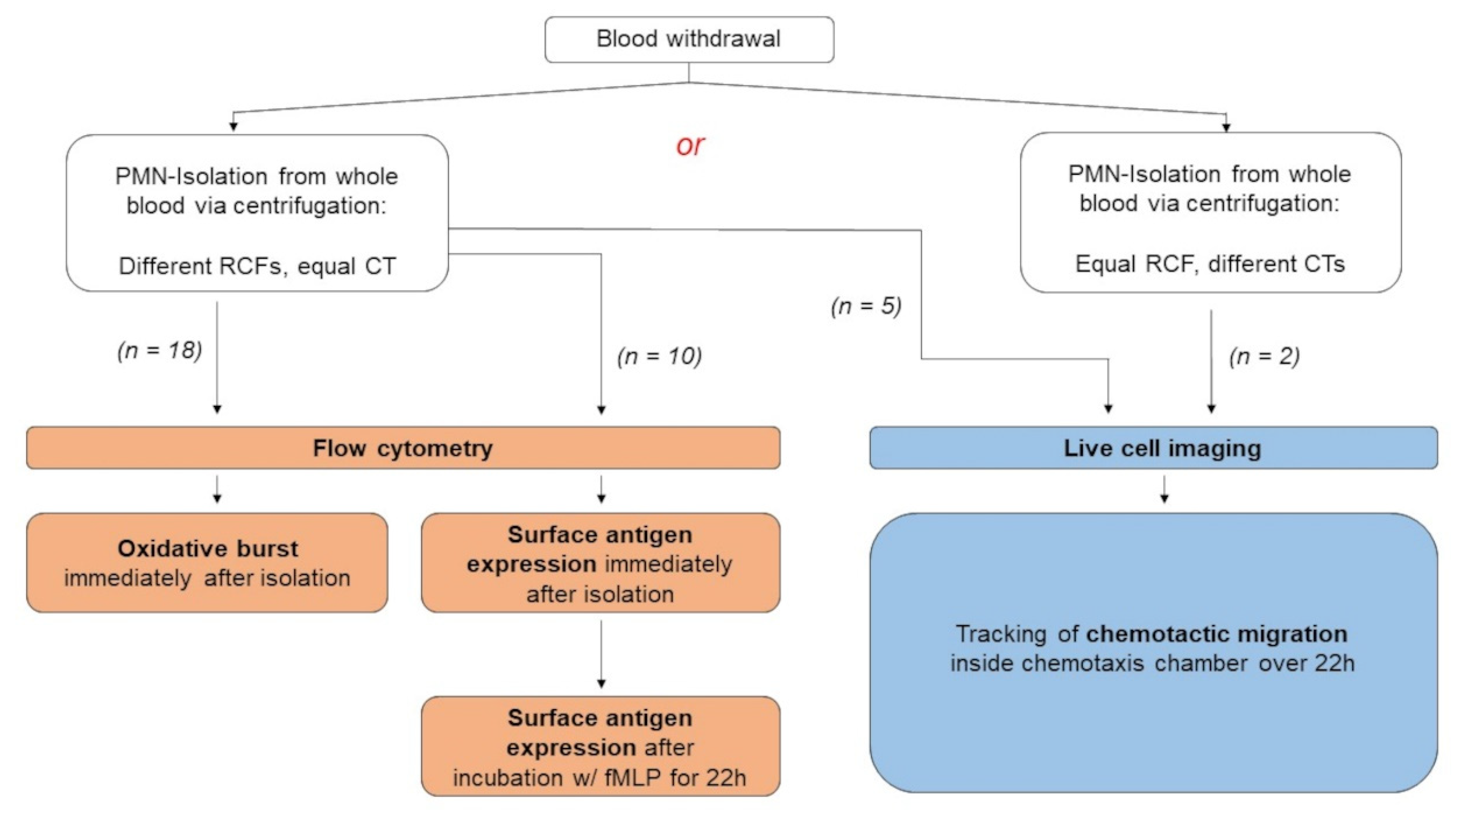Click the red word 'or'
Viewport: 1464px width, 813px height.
[x=690, y=146]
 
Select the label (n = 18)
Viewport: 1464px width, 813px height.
[x=160, y=350]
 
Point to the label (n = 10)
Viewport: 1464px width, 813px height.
[x=659, y=356]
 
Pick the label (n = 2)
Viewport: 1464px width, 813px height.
[x=1264, y=356]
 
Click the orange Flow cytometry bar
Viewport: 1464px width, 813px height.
[x=403, y=448]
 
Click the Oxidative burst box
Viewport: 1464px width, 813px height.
[x=207, y=563]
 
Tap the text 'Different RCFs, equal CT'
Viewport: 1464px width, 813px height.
[x=257, y=266]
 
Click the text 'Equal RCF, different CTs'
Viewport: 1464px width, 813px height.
[x=1210, y=264]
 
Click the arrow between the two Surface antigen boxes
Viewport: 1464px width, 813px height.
[x=601, y=654]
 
